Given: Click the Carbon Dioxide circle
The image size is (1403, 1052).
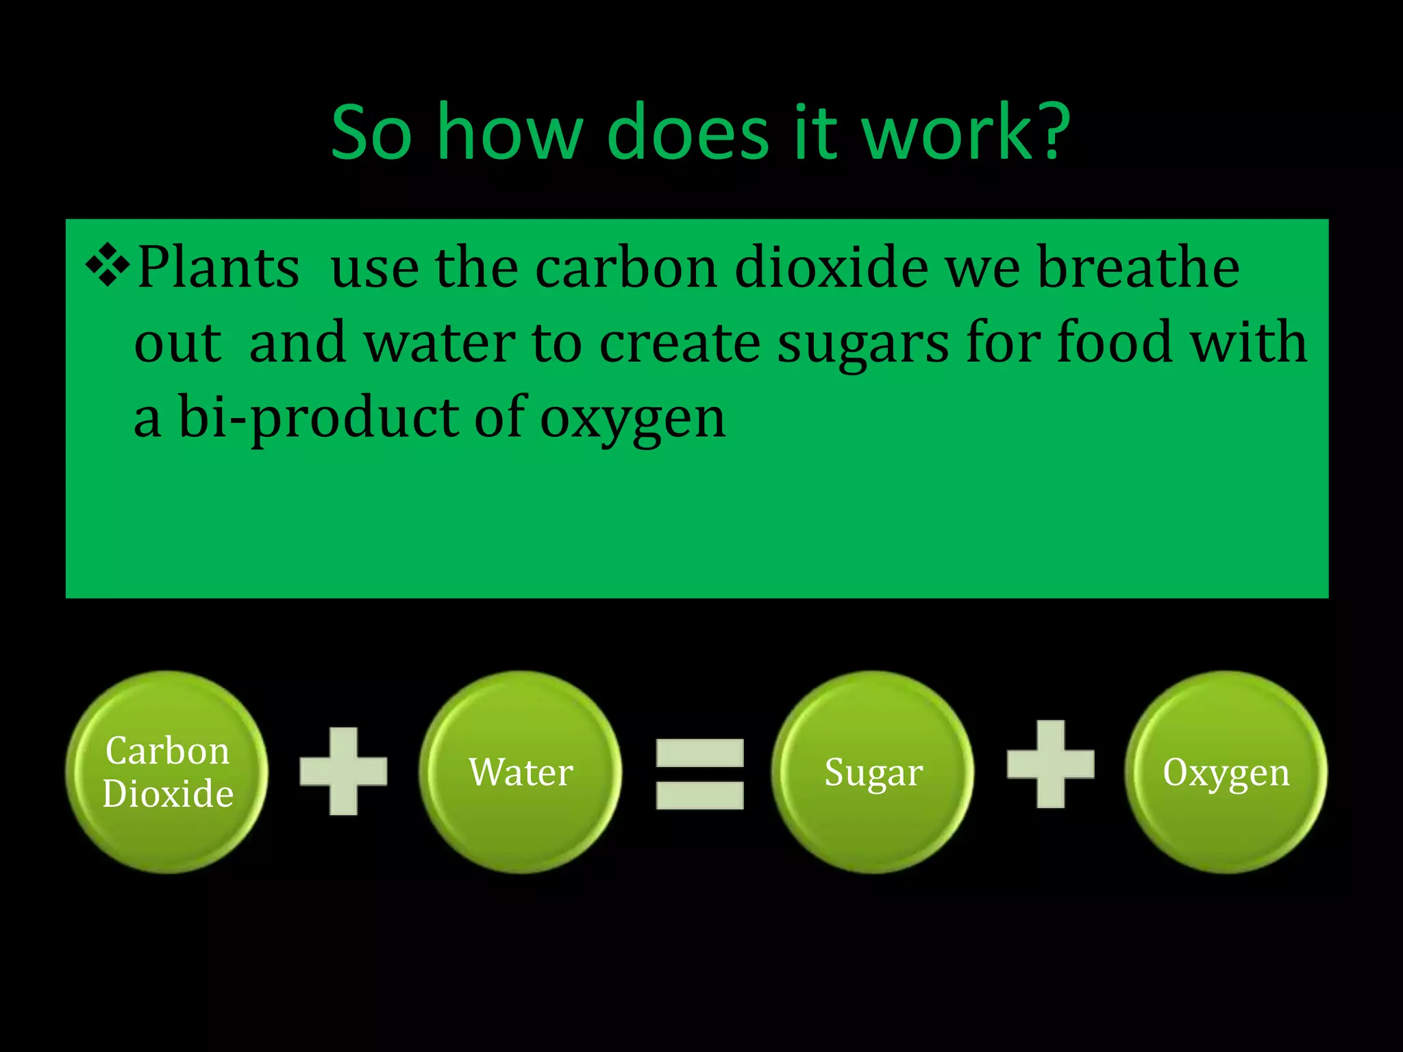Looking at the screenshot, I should click(x=167, y=772).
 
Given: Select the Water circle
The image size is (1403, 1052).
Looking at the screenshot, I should click(x=521, y=772).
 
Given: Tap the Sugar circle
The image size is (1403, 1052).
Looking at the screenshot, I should click(x=873, y=772).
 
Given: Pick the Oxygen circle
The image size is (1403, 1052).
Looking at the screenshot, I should click(x=1226, y=772).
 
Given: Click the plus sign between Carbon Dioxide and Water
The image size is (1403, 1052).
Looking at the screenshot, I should click(x=343, y=771).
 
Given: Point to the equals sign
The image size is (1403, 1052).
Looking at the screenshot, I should click(x=699, y=773).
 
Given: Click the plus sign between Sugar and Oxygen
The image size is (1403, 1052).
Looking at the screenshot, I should click(x=1050, y=764).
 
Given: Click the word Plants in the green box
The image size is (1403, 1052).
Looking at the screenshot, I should click(x=219, y=267).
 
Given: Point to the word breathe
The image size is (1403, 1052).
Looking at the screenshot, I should click(x=1138, y=267).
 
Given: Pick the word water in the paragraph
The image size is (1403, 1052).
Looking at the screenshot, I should click(x=439, y=342).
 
